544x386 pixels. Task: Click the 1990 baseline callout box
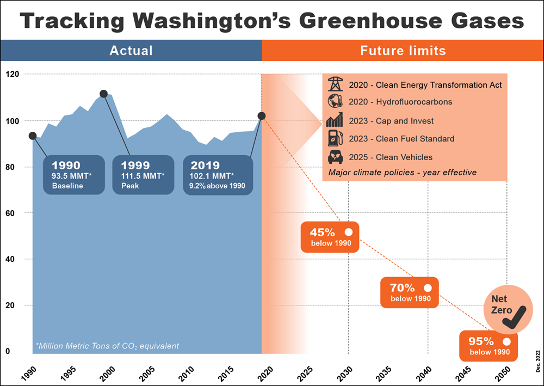73,174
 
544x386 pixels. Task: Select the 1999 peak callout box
143,174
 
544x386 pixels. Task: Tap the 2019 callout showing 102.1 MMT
216,174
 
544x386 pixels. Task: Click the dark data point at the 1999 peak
104,94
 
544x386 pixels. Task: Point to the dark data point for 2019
262,116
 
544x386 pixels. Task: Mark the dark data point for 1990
33,136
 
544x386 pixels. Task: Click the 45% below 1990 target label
330,237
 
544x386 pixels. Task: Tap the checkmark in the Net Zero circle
514,317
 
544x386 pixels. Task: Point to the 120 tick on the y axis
11,74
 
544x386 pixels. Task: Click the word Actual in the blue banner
131,51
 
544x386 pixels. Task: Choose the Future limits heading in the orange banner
403,51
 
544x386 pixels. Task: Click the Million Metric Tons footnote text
107,346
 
